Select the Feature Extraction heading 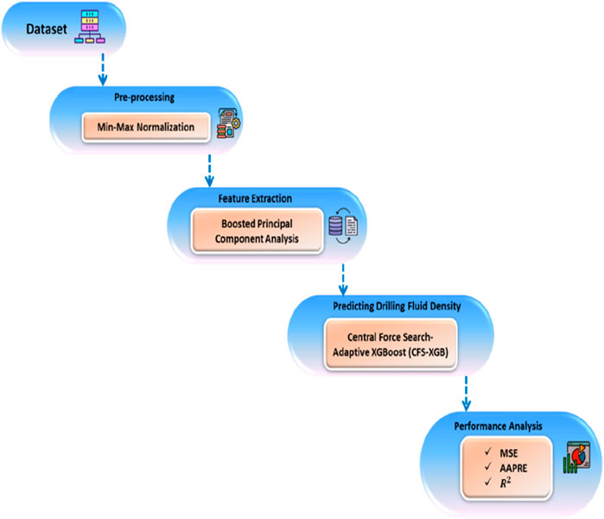pyautogui.click(x=239, y=198)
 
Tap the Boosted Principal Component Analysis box pyautogui.click(x=251, y=230)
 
